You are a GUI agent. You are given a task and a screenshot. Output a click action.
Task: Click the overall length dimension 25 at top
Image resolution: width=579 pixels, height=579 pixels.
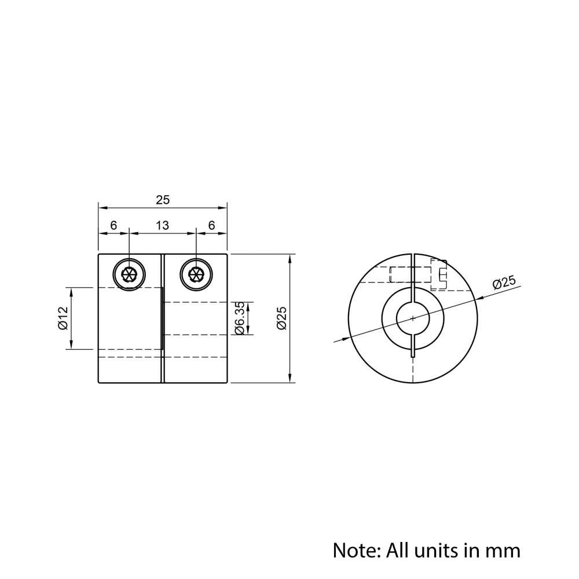(x=163, y=200)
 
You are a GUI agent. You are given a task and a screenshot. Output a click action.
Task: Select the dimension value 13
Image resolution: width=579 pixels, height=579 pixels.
(x=163, y=225)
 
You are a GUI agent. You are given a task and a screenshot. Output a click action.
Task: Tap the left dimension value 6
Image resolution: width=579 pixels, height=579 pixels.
(x=113, y=225)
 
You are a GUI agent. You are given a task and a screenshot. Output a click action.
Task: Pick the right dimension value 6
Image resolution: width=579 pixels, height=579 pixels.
(x=211, y=225)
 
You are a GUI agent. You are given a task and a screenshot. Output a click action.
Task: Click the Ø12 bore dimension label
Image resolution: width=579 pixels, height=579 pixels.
(x=63, y=318)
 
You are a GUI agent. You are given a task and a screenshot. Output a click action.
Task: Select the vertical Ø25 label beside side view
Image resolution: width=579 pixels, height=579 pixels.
(x=282, y=318)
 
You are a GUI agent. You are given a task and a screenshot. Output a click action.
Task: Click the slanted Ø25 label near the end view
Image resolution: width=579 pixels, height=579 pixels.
(x=504, y=282)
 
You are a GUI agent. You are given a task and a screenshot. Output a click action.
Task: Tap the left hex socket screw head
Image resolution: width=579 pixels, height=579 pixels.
(x=129, y=274)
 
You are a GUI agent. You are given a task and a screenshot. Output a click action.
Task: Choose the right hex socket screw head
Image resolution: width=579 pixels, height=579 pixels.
(x=196, y=274)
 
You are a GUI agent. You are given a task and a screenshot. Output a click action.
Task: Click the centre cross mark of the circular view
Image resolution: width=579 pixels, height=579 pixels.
(x=413, y=318)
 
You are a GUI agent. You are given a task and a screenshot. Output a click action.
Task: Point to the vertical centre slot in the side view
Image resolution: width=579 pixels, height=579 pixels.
(x=163, y=318)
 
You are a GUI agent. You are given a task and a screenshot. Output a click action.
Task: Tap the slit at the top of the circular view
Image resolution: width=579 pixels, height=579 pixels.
(x=413, y=270)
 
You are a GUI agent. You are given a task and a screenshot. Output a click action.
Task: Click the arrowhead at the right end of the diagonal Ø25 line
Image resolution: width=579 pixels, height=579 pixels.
(x=478, y=299)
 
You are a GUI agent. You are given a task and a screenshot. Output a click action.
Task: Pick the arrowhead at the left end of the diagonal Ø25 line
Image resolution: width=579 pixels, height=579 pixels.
(x=346, y=338)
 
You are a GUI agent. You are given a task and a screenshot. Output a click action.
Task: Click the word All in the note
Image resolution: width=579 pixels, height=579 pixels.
(x=397, y=551)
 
